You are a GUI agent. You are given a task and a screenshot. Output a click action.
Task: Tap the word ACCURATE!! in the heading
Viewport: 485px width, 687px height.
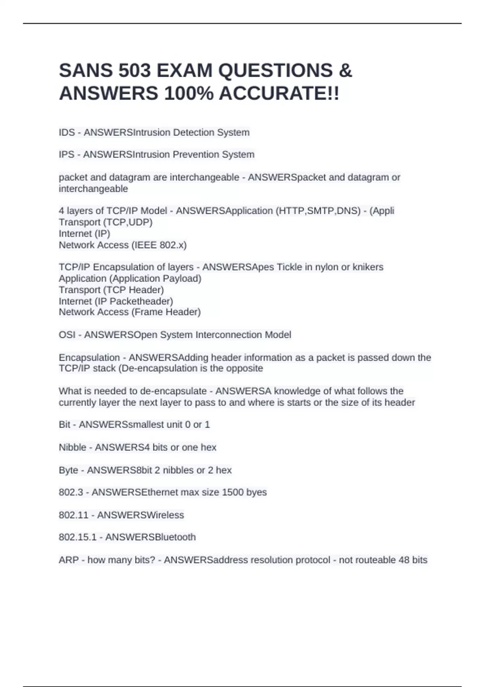[279, 94]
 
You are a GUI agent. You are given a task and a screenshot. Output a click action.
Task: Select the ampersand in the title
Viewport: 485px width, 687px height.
[345, 71]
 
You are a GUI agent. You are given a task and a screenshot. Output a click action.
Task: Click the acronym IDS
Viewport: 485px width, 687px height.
[67, 133]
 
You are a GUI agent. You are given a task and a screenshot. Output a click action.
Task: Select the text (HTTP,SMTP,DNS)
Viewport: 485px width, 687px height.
[318, 211]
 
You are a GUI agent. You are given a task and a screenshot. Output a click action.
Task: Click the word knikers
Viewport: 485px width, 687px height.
[368, 267]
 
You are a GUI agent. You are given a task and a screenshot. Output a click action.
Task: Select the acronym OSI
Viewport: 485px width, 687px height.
[67, 335]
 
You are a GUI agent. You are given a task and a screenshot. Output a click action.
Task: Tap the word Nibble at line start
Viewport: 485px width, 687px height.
[72, 447]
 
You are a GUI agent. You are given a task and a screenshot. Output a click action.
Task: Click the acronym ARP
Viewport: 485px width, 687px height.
[68, 560]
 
